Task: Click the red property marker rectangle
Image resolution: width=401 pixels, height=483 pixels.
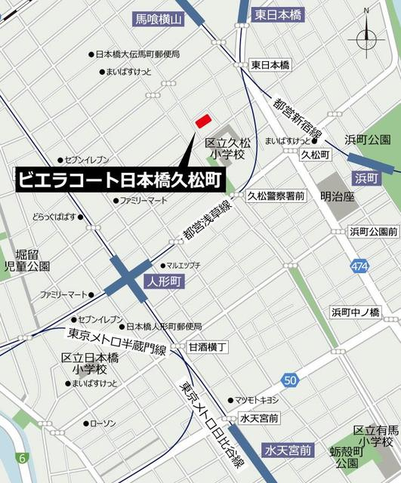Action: [x=202, y=121]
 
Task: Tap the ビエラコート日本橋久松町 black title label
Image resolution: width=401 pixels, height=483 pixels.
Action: [x=119, y=180]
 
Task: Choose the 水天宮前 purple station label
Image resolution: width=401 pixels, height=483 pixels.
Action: [x=288, y=451]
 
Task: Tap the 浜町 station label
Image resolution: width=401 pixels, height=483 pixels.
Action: [x=368, y=178]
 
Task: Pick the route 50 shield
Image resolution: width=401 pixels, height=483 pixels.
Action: [x=290, y=380]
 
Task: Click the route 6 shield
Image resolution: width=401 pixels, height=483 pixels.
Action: [x=23, y=458]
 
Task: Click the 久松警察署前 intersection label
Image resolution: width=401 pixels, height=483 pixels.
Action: [x=276, y=195]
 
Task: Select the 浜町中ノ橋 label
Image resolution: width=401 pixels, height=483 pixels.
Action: [x=355, y=312]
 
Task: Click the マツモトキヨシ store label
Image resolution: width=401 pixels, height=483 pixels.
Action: [x=257, y=399]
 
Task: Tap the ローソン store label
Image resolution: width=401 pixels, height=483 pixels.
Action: [x=103, y=423]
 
